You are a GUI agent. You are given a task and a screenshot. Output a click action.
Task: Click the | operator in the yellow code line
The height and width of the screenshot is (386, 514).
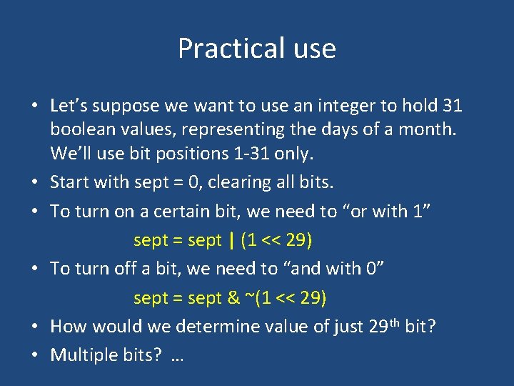pyautogui.click(x=233, y=240)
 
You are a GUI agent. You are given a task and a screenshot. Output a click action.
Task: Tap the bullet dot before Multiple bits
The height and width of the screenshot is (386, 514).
pyautogui.click(x=35, y=355)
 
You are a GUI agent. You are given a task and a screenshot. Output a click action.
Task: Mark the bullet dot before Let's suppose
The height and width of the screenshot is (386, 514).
pyautogui.click(x=35, y=107)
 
